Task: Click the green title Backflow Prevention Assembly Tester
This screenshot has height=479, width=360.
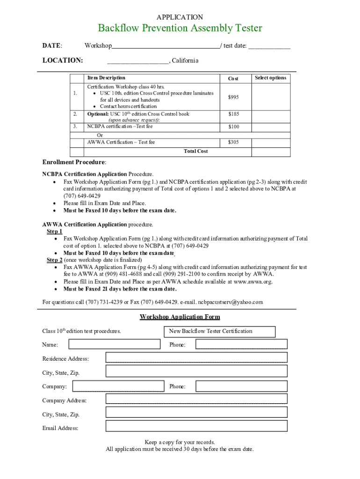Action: pos(180,29)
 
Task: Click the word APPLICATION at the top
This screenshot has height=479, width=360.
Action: pos(180,17)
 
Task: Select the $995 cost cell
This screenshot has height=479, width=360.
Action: pos(233,97)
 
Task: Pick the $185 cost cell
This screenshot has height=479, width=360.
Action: pos(233,114)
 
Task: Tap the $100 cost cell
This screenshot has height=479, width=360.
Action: pos(233,127)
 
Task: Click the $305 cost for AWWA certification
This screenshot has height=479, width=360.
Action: pos(233,142)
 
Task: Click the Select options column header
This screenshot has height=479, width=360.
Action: pos(270,78)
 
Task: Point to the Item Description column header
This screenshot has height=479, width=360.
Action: pos(106,78)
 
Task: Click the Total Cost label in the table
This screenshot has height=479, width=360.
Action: pos(196,151)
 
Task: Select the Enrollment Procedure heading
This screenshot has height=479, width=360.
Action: pos(74,162)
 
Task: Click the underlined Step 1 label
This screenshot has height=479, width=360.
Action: pos(54,232)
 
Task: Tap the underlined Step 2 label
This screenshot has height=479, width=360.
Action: pos(54,260)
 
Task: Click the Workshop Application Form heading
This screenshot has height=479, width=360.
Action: pos(180,317)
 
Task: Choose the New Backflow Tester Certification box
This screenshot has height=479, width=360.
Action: pos(220,331)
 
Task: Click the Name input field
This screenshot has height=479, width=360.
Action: pos(114,344)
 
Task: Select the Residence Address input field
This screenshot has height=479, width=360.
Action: pos(196,357)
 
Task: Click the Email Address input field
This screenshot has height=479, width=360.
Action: pos(196,426)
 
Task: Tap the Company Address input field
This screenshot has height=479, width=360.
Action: pos(196,399)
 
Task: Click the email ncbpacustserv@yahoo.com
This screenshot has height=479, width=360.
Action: pos(230,302)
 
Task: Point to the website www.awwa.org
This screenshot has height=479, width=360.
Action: pos(252,282)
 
